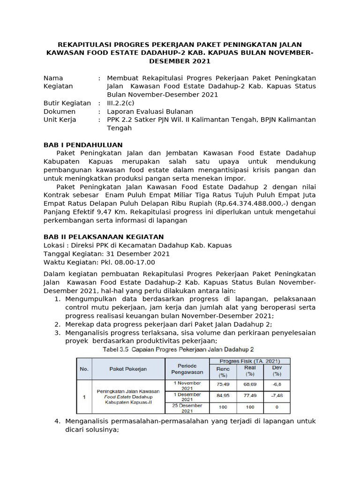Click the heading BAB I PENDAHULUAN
point(83,145)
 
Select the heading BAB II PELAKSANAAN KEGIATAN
point(104,237)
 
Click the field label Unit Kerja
point(60,120)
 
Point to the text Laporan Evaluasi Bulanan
point(150,112)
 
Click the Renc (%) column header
point(223,371)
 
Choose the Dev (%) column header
point(277,371)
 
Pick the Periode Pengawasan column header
point(187,369)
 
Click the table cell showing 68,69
point(250,384)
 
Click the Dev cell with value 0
point(277,408)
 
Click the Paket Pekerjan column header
point(128,369)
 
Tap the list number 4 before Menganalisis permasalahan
point(57,421)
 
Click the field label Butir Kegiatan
point(67,103)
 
